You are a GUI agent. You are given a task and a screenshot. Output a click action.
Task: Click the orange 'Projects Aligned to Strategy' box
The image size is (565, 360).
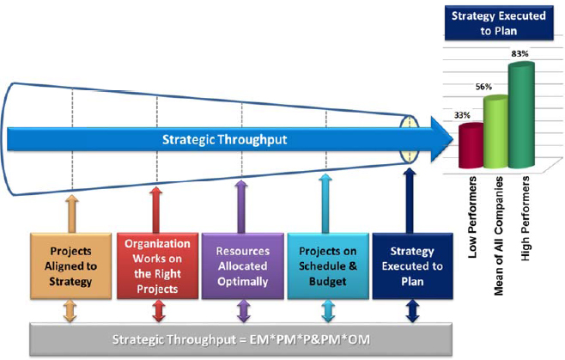tap(71, 263)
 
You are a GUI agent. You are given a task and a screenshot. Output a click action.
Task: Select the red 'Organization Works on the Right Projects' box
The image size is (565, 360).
tap(156, 263)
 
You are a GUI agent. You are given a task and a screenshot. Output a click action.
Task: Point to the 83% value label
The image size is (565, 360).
tap(519, 54)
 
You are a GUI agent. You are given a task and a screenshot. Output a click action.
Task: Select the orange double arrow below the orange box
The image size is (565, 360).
tap(71, 311)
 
